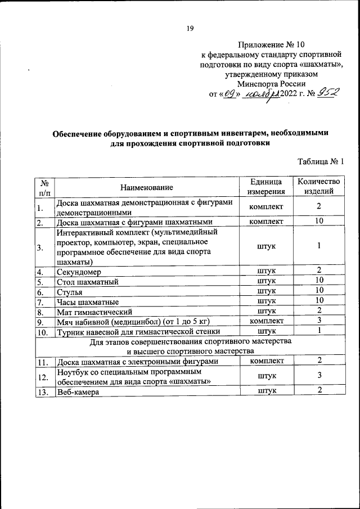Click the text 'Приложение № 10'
272,44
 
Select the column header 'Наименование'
146,187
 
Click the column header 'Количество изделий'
318,186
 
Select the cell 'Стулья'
70,291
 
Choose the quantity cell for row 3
318,246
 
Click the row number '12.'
43,377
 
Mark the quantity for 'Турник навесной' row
318,331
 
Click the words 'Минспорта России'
272,83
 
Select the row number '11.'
43,362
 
